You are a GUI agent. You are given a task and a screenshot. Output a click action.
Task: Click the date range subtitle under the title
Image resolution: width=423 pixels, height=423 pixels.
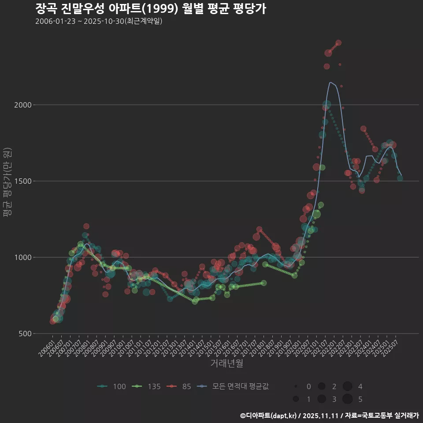99,21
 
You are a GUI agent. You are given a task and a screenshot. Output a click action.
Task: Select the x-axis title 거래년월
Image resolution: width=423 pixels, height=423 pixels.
226,364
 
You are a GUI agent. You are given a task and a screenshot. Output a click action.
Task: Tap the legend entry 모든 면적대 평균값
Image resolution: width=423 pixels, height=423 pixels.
234,386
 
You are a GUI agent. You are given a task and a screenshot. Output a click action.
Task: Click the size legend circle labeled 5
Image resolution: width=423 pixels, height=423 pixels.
347,399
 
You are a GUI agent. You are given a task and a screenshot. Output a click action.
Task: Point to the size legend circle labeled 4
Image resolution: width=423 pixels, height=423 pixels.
347,386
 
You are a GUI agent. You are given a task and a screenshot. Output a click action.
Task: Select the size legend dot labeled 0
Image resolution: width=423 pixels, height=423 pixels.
296,386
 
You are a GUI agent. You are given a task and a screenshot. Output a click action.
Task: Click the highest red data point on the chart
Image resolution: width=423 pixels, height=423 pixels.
338,43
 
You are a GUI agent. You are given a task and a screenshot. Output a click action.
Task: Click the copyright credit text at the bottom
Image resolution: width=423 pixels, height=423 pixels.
329,415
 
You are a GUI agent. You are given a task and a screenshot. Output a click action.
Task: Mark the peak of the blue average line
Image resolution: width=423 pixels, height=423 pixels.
330,82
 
